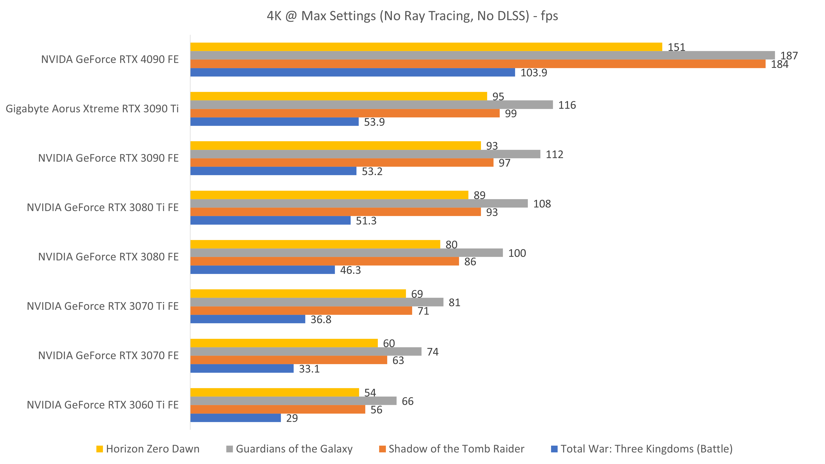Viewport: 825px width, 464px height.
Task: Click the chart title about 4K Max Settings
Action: pyautogui.click(x=412, y=16)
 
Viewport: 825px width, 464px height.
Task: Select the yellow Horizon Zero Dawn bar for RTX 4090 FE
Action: pyautogui.click(x=426, y=47)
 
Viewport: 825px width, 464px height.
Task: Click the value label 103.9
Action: pyautogui.click(x=534, y=73)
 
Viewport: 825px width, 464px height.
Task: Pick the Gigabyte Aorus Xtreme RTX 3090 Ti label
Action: pyautogui.click(x=92, y=109)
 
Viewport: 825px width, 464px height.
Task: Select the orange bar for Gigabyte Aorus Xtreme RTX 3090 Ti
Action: pyautogui.click(x=345, y=113)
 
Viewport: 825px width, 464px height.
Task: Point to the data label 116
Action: pyautogui.click(x=567, y=105)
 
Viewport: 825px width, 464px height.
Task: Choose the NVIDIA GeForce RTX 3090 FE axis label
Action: pyautogui.click(x=108, y=158)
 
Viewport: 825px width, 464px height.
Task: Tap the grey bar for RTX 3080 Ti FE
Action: pyautogui.click(x=359, y=204)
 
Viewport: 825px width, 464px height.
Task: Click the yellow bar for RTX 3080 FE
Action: pyautogui.click(x=315, y=244)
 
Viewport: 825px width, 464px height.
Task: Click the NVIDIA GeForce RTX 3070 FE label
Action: pyautogui.click(x=108, y=355)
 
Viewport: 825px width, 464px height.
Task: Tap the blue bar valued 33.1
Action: pyautogui.click(x=242, y=369)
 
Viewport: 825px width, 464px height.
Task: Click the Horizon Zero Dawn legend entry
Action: pyautogui.click(x=148, y=449)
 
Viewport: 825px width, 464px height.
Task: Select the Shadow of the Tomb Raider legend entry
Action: pyautogui.click(x=451, y=449)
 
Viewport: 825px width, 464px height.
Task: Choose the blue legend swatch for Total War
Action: pyautogui.click(x=554, y=449)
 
